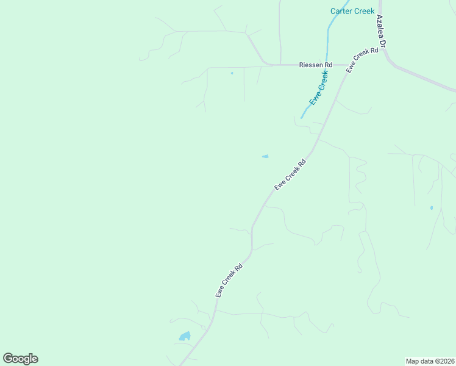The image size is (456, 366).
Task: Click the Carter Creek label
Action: [352, 11]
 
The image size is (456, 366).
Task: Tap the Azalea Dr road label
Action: [382, 31]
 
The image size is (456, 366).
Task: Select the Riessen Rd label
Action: [315, 65]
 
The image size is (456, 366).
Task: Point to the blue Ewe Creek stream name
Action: [319, 88]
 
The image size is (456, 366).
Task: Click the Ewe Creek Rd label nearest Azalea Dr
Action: [362, 61]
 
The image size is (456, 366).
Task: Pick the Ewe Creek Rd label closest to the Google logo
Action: [229, 280]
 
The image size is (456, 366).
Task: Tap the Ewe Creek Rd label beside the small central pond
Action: [290, 175]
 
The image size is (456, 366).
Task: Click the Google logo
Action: [20, 359]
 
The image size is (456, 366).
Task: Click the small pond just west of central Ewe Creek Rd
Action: [265, 157]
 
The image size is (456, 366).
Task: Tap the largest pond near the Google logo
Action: [185, 336]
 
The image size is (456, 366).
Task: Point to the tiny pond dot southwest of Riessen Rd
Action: [232, 73]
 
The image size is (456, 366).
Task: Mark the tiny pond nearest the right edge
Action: [432, 208]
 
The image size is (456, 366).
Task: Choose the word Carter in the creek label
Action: [341, 11]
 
